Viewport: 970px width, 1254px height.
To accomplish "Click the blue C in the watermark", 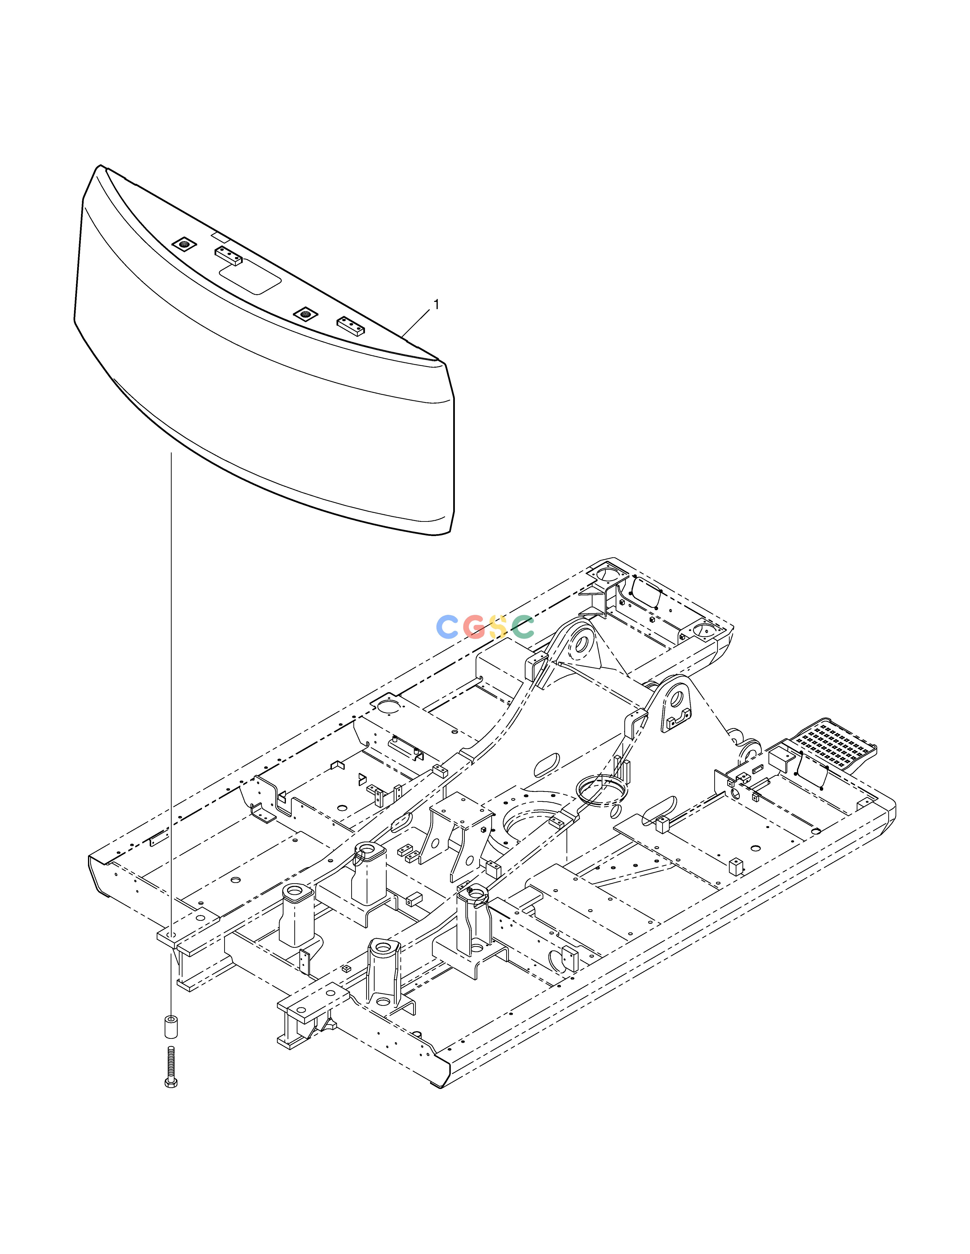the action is (x=447, y=627).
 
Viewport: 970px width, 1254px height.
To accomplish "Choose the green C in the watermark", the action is (x=523, y=627).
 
